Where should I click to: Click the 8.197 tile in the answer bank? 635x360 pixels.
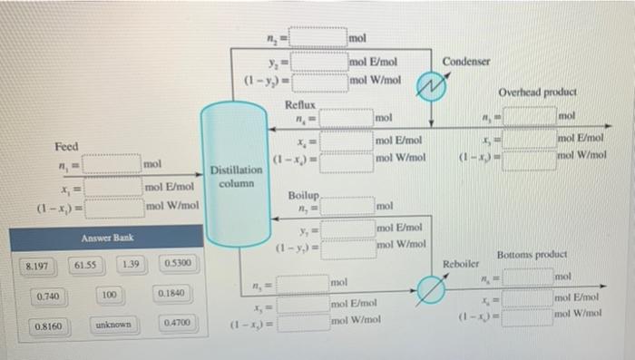(37, 267)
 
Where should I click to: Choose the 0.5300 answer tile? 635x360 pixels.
(175, 263)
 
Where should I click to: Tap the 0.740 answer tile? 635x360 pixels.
(49, 297)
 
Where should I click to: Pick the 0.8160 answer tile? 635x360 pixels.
(49, 326)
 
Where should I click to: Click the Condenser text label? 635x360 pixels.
(467, 61)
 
